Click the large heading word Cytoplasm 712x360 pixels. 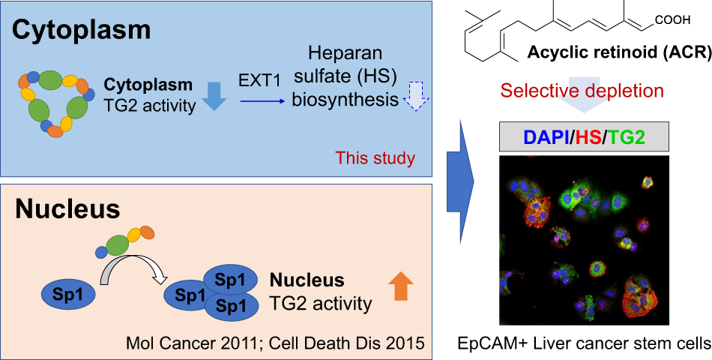pyautogui.click(x=82, y=30)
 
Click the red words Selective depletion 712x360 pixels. pyautogui.click(x=582, y=91)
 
